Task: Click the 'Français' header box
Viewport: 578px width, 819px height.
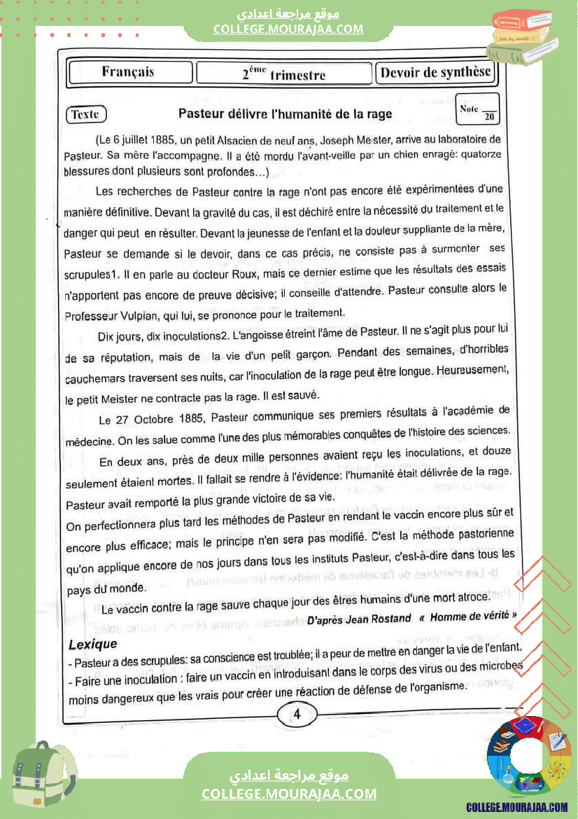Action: (129, 72)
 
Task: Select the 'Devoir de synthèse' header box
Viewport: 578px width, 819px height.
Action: (435, 73)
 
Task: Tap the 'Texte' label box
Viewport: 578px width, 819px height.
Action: (86, 115)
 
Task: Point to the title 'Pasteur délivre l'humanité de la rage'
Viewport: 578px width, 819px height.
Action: (285, 113)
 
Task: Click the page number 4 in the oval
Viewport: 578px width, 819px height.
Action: (297, 715)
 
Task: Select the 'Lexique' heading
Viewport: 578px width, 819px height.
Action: (93, 643)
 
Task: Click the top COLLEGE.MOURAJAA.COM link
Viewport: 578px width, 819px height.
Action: (288, 29)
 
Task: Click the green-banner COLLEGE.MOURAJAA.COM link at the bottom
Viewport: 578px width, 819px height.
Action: (289, 794)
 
